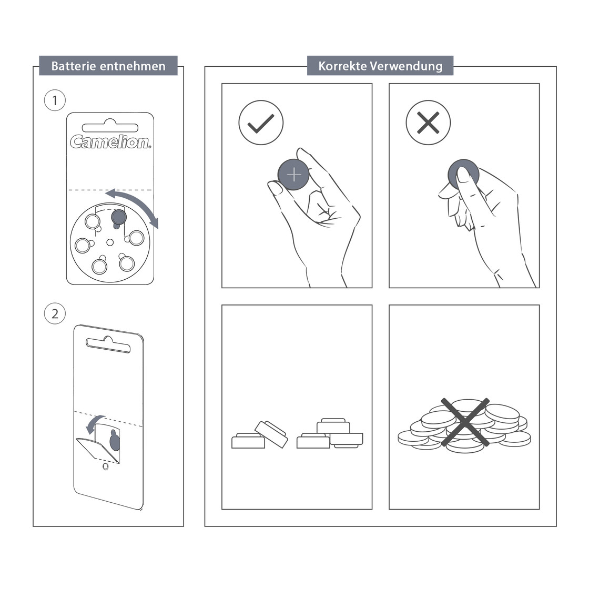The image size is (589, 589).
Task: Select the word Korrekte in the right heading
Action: coord(342,66)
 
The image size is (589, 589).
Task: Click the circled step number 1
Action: coord(55,100)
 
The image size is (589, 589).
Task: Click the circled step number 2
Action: coord(55,314)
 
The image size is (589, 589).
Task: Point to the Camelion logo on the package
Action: coord(110,141)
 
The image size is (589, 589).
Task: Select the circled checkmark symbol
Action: coord(261,123)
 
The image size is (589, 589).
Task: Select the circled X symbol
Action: coord(428,123)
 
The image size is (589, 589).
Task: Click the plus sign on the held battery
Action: coord(294,174)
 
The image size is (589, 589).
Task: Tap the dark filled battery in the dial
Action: coord(119,216)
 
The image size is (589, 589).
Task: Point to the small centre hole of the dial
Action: coord(110,242)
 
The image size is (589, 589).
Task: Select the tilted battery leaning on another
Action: coord(271,433)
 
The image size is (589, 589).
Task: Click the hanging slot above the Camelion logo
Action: coord(110,126)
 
